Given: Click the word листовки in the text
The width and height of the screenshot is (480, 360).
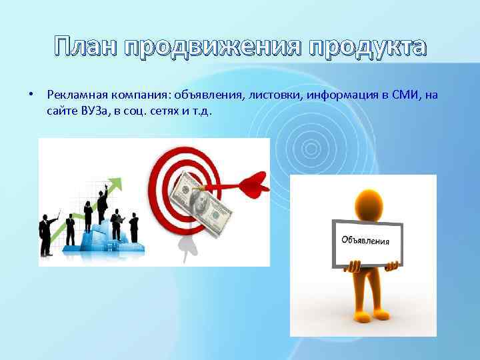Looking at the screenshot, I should point(276,95).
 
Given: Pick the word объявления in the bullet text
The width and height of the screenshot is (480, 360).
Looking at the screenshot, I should point(211,95).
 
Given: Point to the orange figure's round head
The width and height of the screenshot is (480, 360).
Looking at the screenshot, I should point(366,201).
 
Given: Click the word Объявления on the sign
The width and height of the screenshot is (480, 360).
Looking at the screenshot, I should point(365,239).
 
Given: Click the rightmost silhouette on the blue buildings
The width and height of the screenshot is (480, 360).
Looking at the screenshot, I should point(134,227).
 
